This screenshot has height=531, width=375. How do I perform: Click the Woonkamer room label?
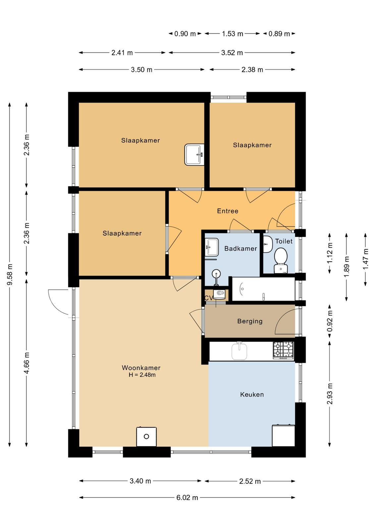point(141,368)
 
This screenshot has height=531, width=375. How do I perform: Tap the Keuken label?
point(252,395)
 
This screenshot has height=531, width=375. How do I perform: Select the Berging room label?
point(250,321)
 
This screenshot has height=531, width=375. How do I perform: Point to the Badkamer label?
point(241,249)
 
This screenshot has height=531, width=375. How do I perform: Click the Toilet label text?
point(284,241)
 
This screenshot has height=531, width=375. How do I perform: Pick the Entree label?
point(228,211)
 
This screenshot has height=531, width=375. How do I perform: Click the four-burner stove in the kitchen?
point(283,350)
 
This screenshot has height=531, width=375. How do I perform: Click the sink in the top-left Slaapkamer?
point(194,155)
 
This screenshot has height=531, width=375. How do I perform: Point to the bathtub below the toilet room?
point(263,289)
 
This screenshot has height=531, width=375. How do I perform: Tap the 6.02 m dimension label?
point(187,497)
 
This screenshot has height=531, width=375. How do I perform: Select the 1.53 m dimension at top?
point(232,34)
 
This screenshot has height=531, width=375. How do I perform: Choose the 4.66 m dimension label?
point(27,363)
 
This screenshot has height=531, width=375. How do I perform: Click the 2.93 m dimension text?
point(330,394)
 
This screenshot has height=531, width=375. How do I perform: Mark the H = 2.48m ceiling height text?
point(142,375)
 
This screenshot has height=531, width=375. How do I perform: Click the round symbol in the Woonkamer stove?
point(146,436)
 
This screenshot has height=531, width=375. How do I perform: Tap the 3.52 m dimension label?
point(232,53)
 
